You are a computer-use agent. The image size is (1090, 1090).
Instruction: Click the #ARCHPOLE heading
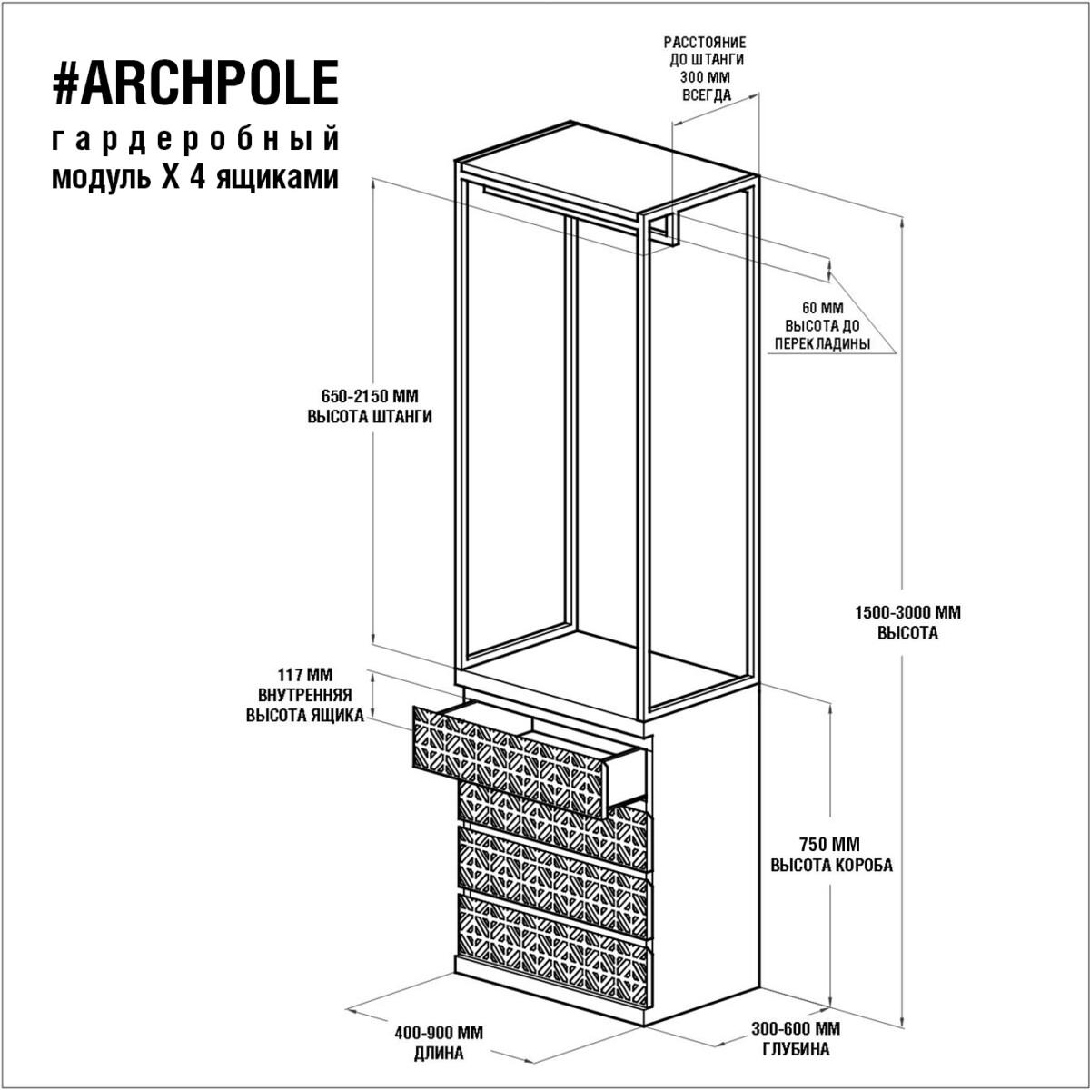click(x=195, y=83)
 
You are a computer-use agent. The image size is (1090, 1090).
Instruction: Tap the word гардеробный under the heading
click(x=195, y=140)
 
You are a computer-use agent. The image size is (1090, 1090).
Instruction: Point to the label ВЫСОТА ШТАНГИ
click(x=370, y=417)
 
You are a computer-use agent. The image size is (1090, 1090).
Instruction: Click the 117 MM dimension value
click(x=305, y=675)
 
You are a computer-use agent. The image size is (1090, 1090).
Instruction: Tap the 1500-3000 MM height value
click(x=907, y=612)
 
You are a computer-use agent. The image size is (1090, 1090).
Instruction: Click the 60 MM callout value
click(x=822, y=308)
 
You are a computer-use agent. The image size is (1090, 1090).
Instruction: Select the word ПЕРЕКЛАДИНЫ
click(x=822, y=343)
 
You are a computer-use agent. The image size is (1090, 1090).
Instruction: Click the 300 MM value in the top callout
click(x=706, y=77)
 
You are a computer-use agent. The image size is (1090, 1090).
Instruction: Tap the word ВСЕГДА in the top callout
click(x=707, y=95)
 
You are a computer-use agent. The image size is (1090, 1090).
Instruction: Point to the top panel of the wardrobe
click(x=608, y=168)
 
